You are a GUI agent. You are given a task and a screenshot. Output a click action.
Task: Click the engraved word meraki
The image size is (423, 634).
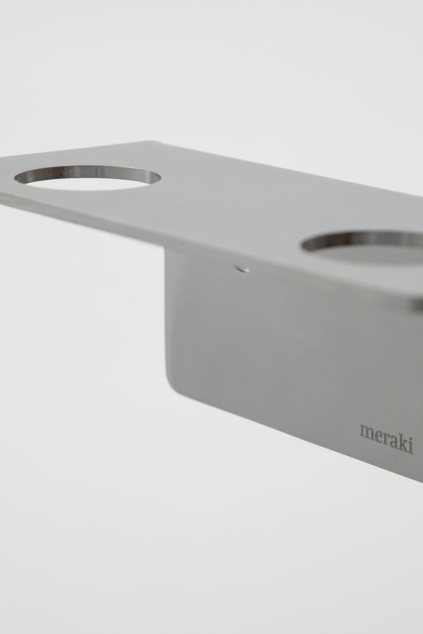point(386,443)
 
